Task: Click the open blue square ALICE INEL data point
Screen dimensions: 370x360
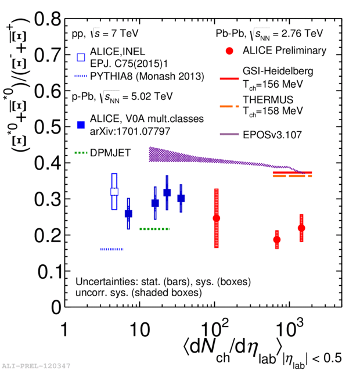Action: click(x=114, y=192)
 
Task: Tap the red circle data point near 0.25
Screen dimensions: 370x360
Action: click(x=217, y=218)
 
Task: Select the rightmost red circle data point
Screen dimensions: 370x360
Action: click(x=301, y=228)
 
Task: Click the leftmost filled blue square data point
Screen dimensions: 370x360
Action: click(x=128, y=214)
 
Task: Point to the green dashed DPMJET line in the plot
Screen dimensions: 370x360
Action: click(x=154, y=229)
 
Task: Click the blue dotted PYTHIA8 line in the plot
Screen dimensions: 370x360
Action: click(x=111, y=249)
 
